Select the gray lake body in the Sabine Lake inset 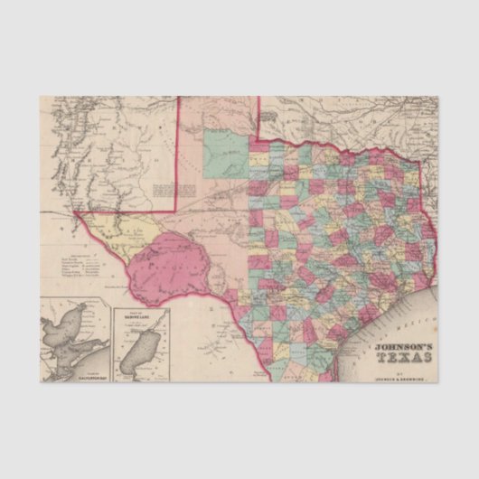pyautogui.click(x=137, y=349)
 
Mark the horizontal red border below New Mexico pyautogui.click(x=127, y=211)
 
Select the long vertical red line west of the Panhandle pyautogui.click(x=176, y=154)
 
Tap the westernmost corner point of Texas pyautogui.click(x=75, y=211)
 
